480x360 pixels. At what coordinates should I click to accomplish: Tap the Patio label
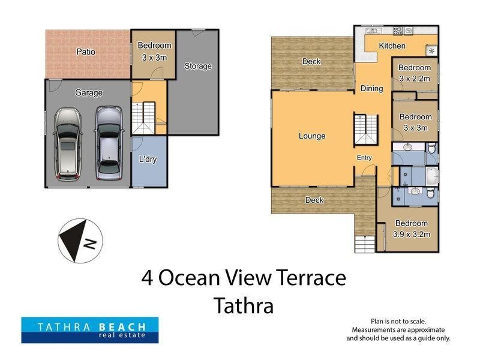86,52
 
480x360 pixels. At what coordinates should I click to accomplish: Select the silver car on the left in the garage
67,144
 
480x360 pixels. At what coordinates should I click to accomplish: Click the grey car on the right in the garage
108,144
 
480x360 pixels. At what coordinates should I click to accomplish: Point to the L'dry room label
148,160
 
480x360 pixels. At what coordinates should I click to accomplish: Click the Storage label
197,66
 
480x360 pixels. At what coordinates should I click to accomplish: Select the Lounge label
312,136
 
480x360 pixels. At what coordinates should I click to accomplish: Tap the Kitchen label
392,46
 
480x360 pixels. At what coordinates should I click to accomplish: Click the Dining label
371,89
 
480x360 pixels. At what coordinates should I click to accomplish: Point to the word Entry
364,158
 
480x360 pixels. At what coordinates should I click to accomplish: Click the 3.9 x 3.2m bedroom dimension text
411,234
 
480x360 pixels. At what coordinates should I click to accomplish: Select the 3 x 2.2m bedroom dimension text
415,79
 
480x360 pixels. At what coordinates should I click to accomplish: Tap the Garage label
89,93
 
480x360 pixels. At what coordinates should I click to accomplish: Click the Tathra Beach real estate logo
90,329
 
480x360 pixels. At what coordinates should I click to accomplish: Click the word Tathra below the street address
244,306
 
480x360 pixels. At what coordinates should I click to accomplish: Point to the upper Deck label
311,61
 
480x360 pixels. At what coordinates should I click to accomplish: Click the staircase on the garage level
144,118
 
